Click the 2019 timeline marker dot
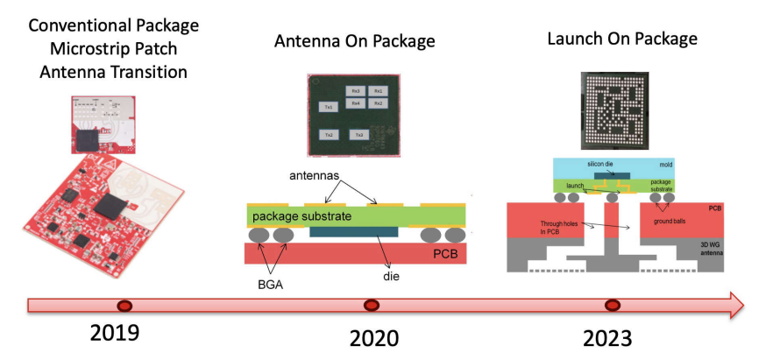coord(125,306)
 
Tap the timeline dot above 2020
coord(372,306)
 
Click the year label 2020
coord(373,338)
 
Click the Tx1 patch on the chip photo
coord(329,106)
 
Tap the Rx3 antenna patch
coord(355,91)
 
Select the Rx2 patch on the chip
coord(378,104)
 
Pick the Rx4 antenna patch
coord(355,104)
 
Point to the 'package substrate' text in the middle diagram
coord(301,215)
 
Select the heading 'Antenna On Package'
coord(355,41)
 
